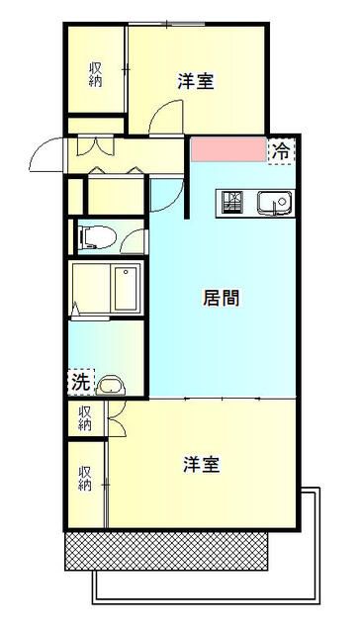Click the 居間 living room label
point(222,297)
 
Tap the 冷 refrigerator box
point(282,151)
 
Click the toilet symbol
point(91,236)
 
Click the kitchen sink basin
point(273,203)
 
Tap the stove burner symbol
point(234,202)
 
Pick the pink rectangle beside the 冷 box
point(229,150)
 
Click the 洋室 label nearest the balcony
point(201,464)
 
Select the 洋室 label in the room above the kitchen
point(196,81)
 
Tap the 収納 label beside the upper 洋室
point(95,74)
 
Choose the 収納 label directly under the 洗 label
point(85,417)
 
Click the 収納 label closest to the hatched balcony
point(85,479)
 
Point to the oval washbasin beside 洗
point(112,385)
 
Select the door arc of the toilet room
point(133,237)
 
